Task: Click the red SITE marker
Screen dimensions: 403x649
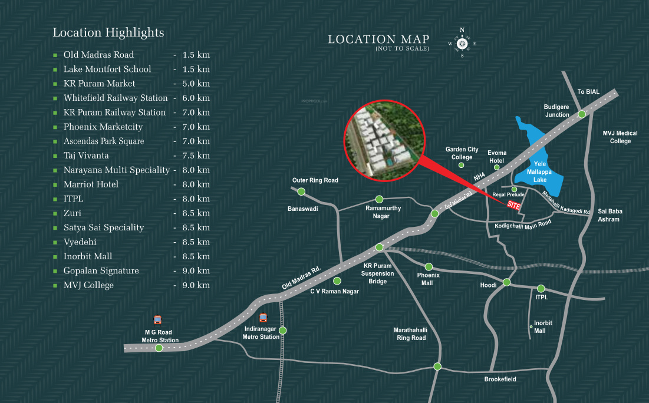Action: pos(513,206)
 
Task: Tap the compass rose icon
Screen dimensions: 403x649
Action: pos(462,44)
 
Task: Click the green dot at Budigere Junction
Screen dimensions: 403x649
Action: pos(582,114)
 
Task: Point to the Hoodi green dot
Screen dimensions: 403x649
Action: pos(506,282)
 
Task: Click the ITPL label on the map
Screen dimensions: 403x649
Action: pos(542,298)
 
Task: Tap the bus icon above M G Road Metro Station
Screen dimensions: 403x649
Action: pos(157,320)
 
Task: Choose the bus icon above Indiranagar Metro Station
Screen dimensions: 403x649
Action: pos(263,317)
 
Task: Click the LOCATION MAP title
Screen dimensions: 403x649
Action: pos(378,40)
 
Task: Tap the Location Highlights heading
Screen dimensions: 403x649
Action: pos(108,32)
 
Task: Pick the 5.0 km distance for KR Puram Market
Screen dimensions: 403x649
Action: pos(196,84)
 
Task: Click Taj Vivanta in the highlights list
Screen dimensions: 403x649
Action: pos(86,156)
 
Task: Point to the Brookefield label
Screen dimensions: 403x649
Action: pos(500,379)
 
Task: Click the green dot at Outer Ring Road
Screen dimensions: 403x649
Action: pos(301,191)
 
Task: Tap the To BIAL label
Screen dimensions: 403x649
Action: pos(588,92)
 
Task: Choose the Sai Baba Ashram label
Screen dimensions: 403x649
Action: pos(610,215)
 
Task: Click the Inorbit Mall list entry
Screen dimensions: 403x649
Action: pos(88,256)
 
